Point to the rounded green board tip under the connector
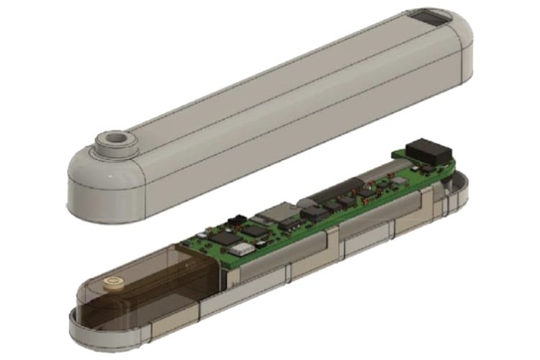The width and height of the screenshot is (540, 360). (x=448, y=168)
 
